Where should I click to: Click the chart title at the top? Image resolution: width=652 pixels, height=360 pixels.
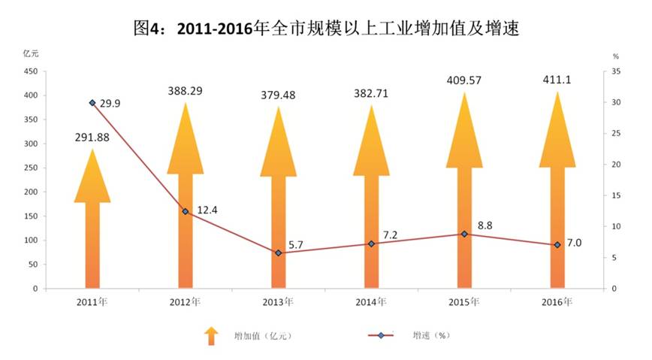(325, 29)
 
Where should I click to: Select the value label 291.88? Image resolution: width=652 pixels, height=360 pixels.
(92, 137)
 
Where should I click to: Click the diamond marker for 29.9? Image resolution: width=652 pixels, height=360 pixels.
(92, 103)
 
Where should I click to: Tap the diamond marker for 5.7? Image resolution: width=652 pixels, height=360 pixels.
(279, 253)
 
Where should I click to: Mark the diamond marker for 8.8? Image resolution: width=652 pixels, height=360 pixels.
(464, 234)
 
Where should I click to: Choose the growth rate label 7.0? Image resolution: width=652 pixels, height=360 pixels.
(575, 242)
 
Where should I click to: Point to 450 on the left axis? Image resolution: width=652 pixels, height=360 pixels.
(31, 71)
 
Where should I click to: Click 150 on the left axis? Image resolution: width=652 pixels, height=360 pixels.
(31, 216)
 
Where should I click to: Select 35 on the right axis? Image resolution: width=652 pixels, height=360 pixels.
(615, 71)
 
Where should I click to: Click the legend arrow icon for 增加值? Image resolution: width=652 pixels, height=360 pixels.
(211, 335)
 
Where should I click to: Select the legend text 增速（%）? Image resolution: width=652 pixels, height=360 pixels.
(433, 335)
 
